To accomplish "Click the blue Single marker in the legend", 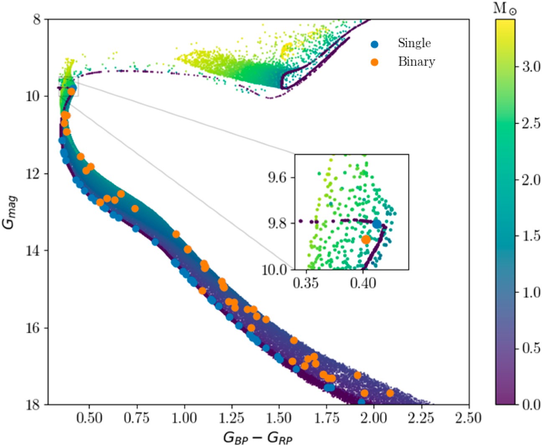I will click(x=374, y=43).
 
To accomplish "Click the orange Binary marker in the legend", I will click(x=374, y=62).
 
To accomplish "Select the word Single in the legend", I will click(x=414, y=43).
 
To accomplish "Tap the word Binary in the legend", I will click(x=416, y=62).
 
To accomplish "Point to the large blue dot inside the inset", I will click(x=377, y=224).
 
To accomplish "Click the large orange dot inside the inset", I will click(x=366, y=240).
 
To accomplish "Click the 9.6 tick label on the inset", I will click(x=278, y=177).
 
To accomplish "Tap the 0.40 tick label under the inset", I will click(x=363, y=283).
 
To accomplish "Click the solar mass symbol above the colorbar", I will click(x=505, y=9).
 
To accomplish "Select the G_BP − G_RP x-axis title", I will click(x=258, y=437).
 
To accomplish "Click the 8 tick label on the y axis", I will click(x=37, y=20).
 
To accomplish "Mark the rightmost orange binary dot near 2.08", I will click(x=390, y=393).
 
